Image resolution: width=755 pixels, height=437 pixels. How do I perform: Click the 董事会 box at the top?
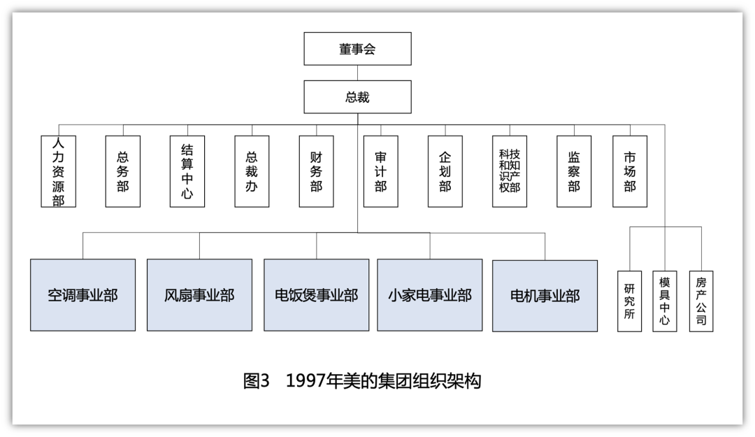pos(357,49)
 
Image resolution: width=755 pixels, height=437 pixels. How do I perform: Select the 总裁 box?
pos(357,97)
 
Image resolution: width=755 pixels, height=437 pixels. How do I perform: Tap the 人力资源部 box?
pos(58,171)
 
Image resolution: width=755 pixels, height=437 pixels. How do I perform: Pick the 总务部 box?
pos(123,171)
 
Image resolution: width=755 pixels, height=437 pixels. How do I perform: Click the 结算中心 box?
pos(187,171)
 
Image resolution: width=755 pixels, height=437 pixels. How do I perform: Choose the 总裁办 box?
pos(252,171)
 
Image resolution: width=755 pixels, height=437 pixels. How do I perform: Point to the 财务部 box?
pos(316,171)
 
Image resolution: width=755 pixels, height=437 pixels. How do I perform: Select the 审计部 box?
pos(380,171)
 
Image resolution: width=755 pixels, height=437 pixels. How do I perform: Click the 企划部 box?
pos(445,171)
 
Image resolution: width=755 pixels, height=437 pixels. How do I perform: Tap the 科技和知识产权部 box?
pos(510,171)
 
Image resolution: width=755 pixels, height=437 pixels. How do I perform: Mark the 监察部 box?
pos(574,171)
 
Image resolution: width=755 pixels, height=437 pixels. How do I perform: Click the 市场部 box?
pos(630,171)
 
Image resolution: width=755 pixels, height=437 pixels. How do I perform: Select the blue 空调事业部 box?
pos(82,295)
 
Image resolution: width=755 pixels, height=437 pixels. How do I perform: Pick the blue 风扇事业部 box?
pos(199,295)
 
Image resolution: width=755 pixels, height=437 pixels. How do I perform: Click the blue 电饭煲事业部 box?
pos(316,295)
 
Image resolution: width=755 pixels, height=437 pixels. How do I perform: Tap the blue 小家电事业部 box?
pos(430,295)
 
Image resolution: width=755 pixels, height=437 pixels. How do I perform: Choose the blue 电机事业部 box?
pos(545,295)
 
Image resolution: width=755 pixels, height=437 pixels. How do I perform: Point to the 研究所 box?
pos(628,301)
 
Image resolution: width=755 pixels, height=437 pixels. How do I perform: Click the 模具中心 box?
pos(665,301)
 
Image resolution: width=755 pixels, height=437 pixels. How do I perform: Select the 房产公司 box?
pos(701,301)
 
